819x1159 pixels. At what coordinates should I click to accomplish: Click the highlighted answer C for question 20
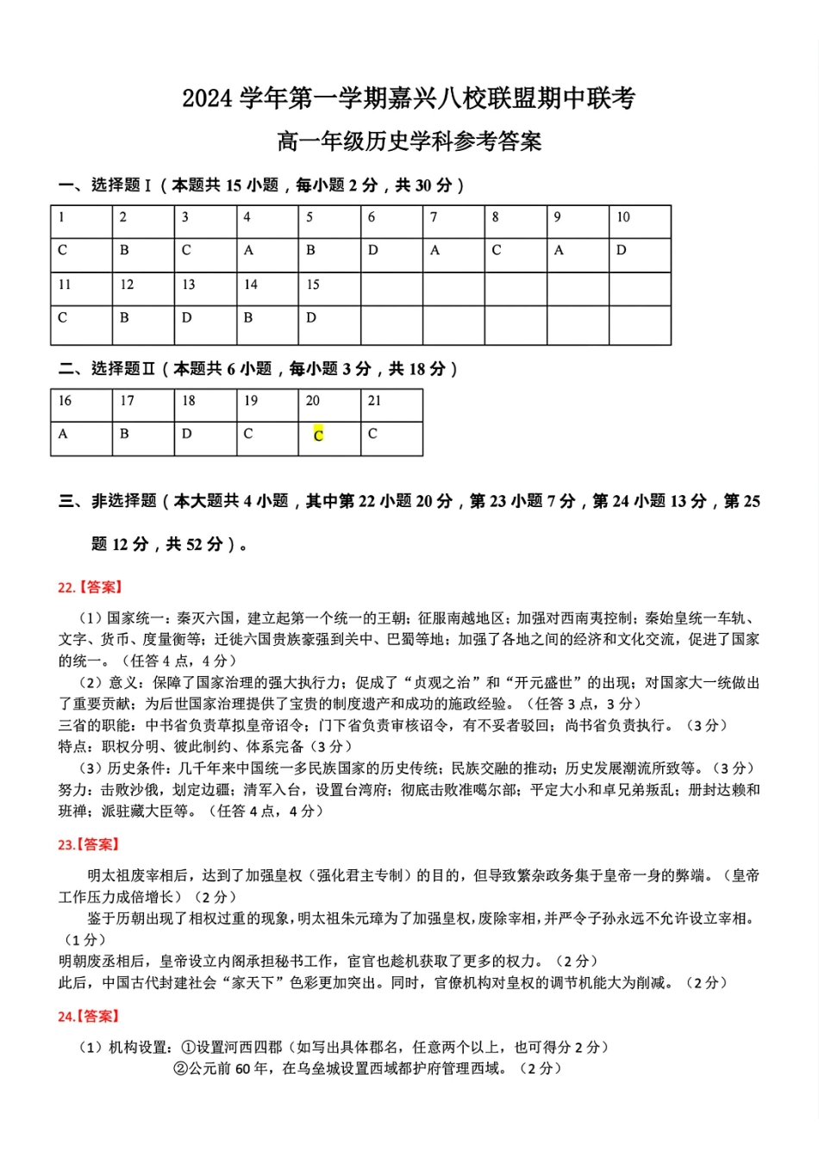coord(318,435)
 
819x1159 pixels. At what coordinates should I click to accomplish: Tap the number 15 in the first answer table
coord(312,285)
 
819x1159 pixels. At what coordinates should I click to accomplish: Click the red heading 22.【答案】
coord(90,587)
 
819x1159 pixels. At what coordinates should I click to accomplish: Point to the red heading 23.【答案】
coord(90,844)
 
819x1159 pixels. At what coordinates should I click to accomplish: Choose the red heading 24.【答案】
coord(90,1017)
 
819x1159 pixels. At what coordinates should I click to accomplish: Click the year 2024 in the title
coord(207,99)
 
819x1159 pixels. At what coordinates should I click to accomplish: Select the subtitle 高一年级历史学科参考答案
coord(409,141)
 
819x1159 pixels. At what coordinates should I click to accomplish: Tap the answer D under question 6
coord(372,251)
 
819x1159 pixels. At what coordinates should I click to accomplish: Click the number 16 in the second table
coord(65,401)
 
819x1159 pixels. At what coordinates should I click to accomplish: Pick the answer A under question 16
coord(63,435)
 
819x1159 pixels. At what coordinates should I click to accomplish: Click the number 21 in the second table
coord(374,401)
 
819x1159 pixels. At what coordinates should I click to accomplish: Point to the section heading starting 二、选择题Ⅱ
coord(258,369)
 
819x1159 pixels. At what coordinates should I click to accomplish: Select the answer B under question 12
coord(124,318)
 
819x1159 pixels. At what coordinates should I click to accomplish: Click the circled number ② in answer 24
coord(180,1068)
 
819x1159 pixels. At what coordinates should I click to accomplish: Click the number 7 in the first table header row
coord(434,217)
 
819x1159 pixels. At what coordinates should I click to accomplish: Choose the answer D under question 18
coord(186,435)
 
